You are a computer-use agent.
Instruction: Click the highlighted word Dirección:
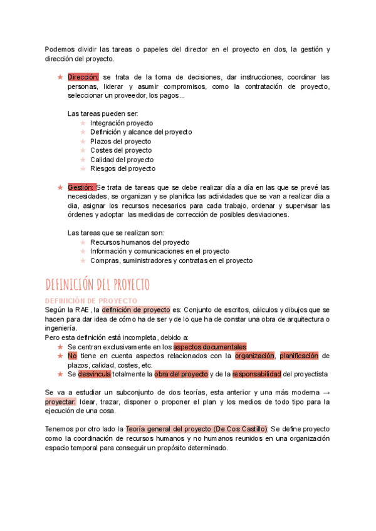click(x=83, y=77)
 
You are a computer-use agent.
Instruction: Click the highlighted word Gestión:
click(x=81, y=187)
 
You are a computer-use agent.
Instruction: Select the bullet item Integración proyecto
click(x=121, y=123)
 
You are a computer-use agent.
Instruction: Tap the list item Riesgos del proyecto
click(x=122, y=168)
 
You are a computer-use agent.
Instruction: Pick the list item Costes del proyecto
click(x=120, y=150)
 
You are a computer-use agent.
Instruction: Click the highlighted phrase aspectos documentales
click(x=210, y=347)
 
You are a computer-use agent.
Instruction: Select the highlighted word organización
click(x=254, y=356)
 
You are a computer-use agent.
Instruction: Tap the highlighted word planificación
click(x=299, y=356)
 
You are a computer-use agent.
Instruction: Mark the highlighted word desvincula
click(x=95, y=374)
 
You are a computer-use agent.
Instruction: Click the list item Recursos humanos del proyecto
click(x=140, y=242)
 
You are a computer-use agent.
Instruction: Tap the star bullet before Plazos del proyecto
click(x=83, y=142)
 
